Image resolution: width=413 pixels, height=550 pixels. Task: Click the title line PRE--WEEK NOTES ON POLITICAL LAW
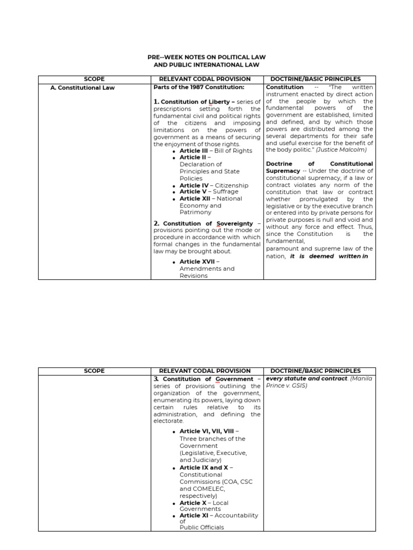point(206,56)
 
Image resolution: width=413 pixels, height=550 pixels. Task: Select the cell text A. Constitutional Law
point(82,88)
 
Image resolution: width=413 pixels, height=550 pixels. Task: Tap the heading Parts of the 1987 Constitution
point(199,87)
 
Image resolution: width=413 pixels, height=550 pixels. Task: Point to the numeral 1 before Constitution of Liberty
point(156,102)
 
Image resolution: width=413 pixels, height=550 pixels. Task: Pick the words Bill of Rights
point(233,151)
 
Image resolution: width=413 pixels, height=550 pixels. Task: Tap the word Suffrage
point(226,192)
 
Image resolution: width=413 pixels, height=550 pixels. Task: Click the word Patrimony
point(195,212)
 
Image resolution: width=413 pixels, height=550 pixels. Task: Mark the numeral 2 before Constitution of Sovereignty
point(156,223)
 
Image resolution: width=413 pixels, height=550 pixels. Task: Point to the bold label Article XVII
point(197,262)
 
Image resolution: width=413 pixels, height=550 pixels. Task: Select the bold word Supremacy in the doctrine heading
point(283,171)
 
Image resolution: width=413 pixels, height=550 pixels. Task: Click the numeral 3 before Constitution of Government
point(156,379)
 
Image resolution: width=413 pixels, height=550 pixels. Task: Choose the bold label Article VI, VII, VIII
point(208,432)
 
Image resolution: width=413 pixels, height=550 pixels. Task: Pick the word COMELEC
point(213,489)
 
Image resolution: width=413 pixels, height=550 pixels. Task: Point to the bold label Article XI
point(194,516)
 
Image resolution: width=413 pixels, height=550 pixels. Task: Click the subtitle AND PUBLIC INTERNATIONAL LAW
point(206,65)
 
